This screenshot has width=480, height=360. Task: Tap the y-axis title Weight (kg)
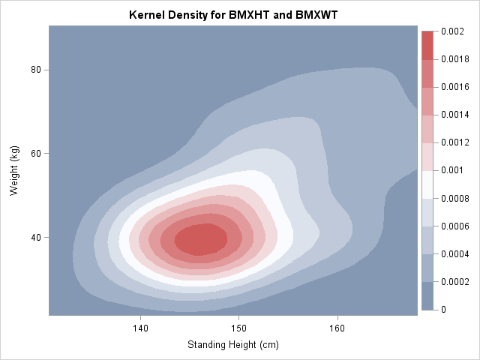[13, 171]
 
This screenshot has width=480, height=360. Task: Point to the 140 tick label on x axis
[139, 328]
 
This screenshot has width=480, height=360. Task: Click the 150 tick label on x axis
[238, 328]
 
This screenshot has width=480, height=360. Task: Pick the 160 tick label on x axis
[337, 328]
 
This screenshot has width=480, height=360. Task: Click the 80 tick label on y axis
[34, 70]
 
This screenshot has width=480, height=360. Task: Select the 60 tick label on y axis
[34, 154]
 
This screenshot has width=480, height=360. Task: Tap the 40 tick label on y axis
[34, 238]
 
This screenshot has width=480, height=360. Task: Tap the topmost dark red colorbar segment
[428, 45]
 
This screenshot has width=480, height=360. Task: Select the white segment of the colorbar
[428, 184]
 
